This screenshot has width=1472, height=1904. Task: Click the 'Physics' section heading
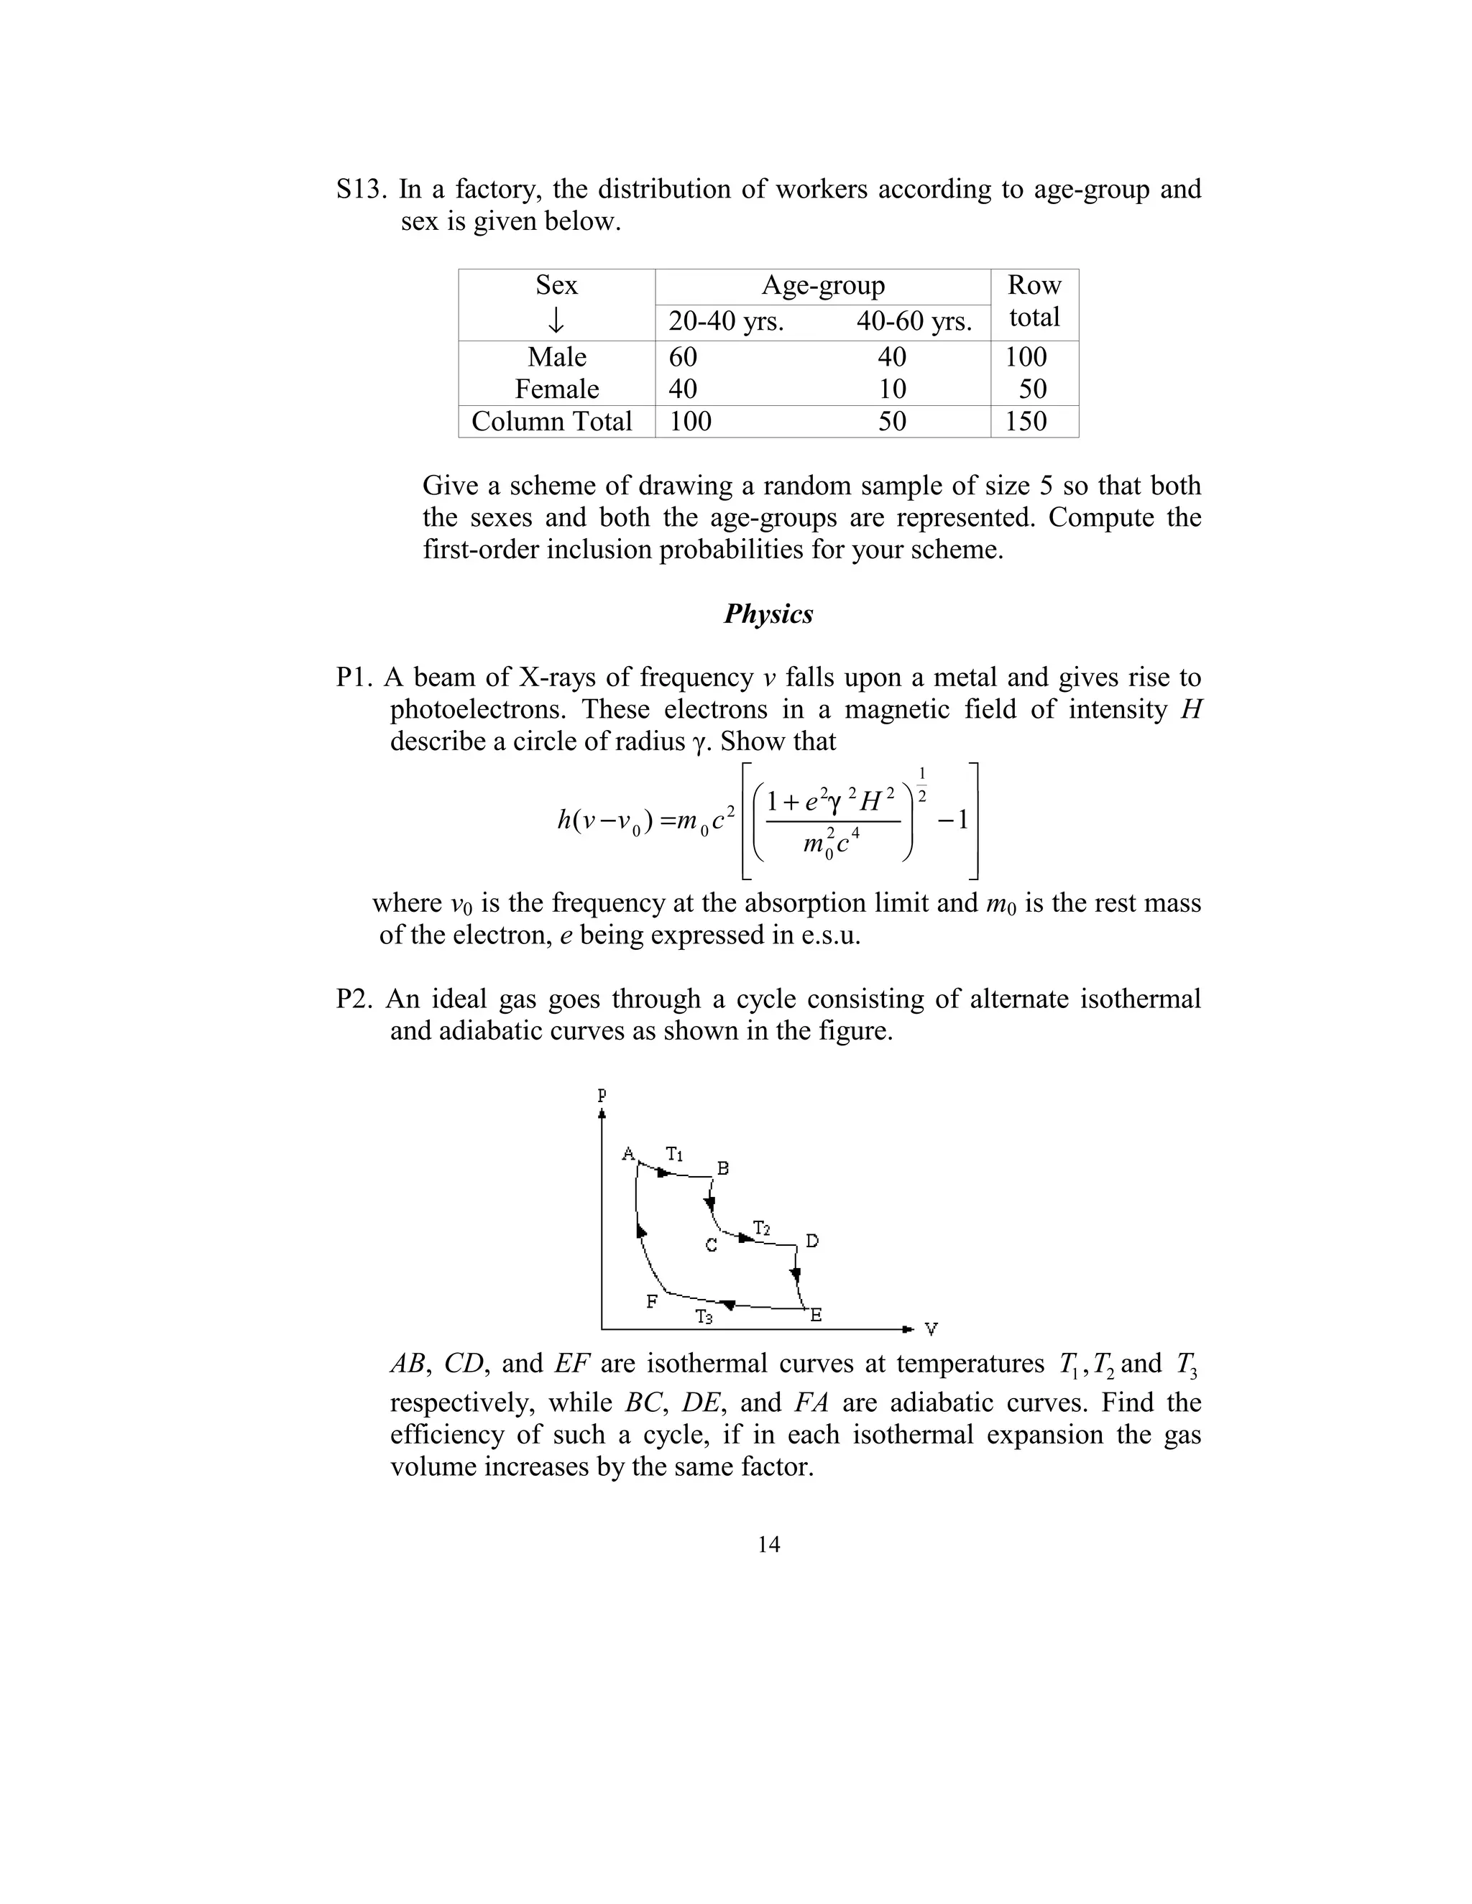click(x=768, y=614)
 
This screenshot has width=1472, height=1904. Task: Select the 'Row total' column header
click(x=1034, y=302)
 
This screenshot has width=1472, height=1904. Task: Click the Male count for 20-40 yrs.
click(x=683, y=356)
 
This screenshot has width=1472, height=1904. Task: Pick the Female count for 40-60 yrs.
click(x=892, y=389)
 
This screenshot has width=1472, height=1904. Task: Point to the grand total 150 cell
click(x=1026, y=421)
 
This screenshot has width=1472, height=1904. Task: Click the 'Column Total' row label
click(x=551, y=421)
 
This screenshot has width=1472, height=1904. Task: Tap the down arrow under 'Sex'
click(x=556, y=321)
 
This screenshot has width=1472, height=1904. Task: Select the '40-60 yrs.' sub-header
click(x=913, y=322)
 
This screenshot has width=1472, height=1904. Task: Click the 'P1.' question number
click(x=356, y=678)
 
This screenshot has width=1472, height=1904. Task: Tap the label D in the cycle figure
click(x=812, y=1241)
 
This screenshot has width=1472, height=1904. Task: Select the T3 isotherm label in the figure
click(x=704, y=1317)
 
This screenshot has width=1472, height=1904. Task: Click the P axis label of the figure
click(x=602, y=1095)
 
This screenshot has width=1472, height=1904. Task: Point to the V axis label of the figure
click(x=931, y=1329)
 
